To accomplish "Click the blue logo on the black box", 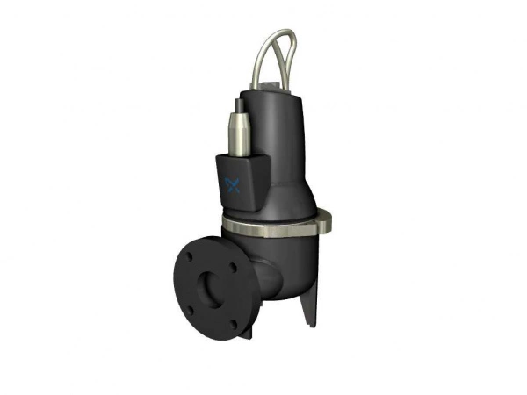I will point(233,184).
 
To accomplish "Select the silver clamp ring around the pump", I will point(263,226).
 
